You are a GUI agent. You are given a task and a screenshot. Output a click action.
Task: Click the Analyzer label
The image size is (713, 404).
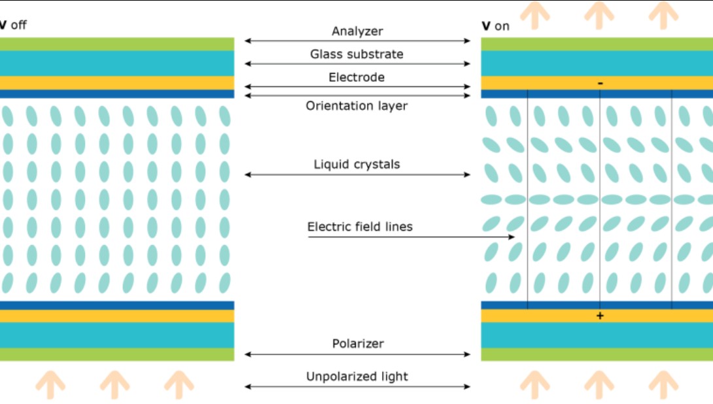[x=357, y=31]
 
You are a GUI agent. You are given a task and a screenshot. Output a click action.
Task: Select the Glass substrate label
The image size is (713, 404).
[x=357, y=54]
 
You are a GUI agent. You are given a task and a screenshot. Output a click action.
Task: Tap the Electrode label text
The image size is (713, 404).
[x=357, y=77]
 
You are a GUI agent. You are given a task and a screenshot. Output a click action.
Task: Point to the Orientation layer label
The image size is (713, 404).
[x=357, y=105]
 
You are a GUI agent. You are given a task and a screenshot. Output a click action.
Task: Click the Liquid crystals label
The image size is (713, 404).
[x=357, y=164]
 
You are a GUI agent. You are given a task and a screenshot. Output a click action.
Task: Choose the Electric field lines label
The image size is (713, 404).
[x=360, y=227]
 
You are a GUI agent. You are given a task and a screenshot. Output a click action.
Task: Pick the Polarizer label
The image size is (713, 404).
[x=357, y=343]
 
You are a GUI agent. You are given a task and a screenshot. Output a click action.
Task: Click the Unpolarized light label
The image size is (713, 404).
[x=357, y=377]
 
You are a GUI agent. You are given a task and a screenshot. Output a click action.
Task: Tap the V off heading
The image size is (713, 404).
[x=13, y=25]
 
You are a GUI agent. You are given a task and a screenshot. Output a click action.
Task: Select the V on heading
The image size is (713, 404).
[x=495, y=26]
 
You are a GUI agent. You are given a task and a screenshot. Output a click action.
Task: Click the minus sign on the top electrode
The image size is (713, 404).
[x=600, y=83]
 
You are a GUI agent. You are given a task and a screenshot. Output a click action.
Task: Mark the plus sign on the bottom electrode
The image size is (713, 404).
[x=600, y=316]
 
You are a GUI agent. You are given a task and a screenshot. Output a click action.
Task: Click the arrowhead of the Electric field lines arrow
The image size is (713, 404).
[x=512, y=237]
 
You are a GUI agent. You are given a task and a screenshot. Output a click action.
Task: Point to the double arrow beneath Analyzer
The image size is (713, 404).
[x=357, y=41]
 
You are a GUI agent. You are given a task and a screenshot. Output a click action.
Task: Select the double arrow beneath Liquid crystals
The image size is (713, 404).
[x=357, y=175]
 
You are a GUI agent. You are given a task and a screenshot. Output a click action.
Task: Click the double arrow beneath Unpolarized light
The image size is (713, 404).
[x=357, y=386]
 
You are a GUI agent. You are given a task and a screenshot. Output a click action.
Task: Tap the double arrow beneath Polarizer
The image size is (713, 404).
[x=357, y=354]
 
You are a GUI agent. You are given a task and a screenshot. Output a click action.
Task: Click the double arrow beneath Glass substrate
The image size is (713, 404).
[x=357, y=64]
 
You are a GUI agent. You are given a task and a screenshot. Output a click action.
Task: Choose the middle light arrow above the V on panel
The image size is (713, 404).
[x=599, y=14]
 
